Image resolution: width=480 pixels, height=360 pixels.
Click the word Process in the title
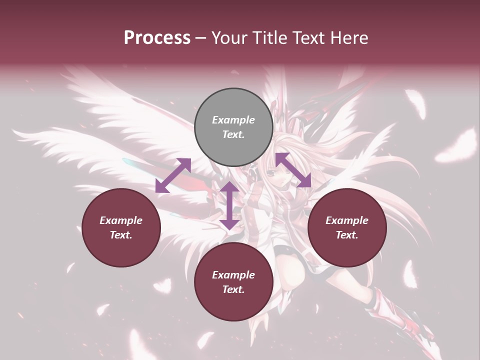[x=157, y=38]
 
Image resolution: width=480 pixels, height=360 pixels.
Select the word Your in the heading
[x=228, y=38]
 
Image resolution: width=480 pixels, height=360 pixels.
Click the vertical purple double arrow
[x=229, y=205]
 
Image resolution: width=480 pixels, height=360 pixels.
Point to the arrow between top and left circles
[x=173, y=175]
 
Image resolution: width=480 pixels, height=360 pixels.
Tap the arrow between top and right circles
[x=293, y=170]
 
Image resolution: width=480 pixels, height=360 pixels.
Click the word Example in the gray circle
[x=233, y=120]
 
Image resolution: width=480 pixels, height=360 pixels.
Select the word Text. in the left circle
[x=121, y=235]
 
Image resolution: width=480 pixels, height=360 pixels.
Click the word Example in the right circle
[x=347, y=220]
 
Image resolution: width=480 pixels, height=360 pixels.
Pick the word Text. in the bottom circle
[x=233, y=289]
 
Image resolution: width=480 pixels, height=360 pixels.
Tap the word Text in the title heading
[x=307, y=38]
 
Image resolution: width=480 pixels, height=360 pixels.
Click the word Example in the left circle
[x=121, y=220]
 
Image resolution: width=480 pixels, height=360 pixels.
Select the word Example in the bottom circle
[x=233, y=275]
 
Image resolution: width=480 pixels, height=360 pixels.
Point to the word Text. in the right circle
[x=347, y=235]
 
